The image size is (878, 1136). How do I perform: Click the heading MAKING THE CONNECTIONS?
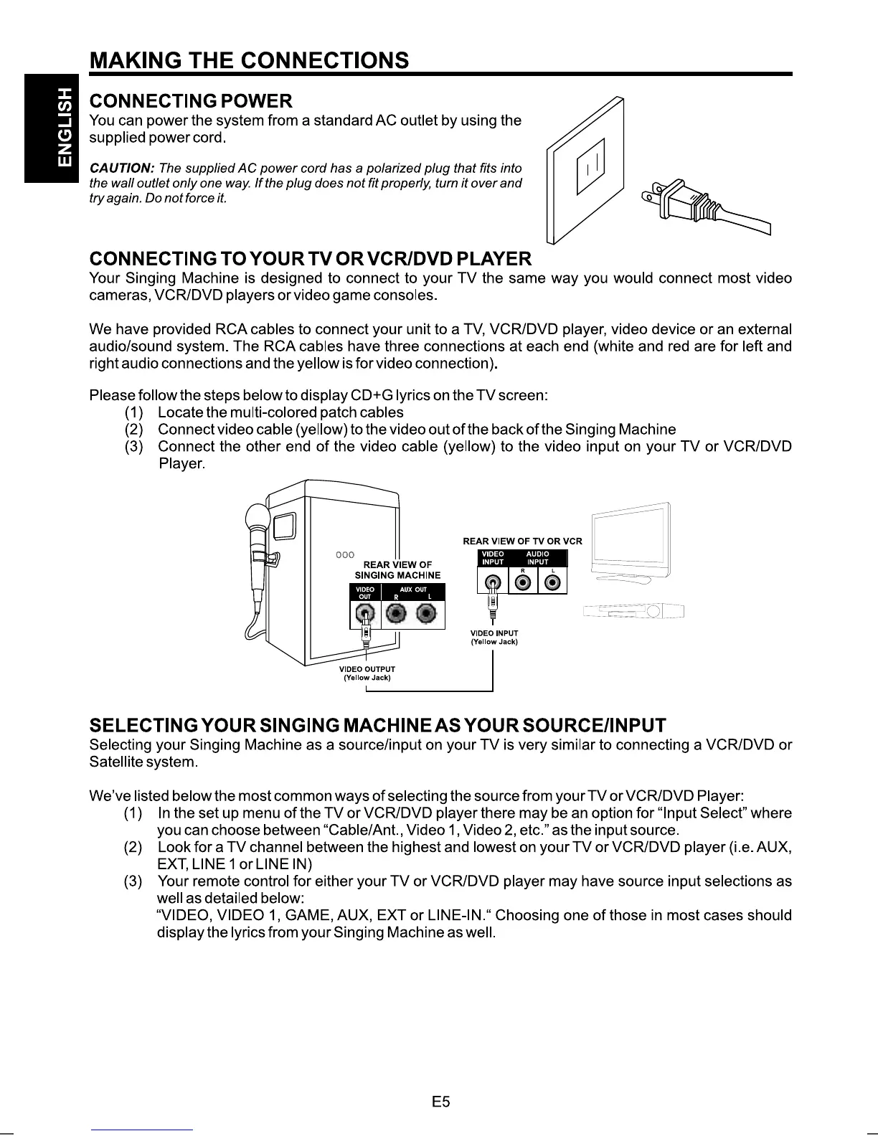[249, 60]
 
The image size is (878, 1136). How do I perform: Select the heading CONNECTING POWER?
[190, 100]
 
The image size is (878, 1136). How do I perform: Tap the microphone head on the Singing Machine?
[256, 517]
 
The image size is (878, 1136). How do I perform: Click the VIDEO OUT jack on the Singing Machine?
[366, 614]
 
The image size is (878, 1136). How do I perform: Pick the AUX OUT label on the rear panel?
[413, 590]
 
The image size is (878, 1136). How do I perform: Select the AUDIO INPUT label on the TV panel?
[537, 558]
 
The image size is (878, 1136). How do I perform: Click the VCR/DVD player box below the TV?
[634, 612]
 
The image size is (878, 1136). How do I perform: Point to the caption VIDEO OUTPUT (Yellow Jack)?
[367, 673]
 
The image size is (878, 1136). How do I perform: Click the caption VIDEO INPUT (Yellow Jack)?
[494, 638]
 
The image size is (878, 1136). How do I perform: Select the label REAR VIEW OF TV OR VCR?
[522, 541]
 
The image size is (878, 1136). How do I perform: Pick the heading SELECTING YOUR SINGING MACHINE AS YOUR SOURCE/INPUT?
[377, 725]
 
